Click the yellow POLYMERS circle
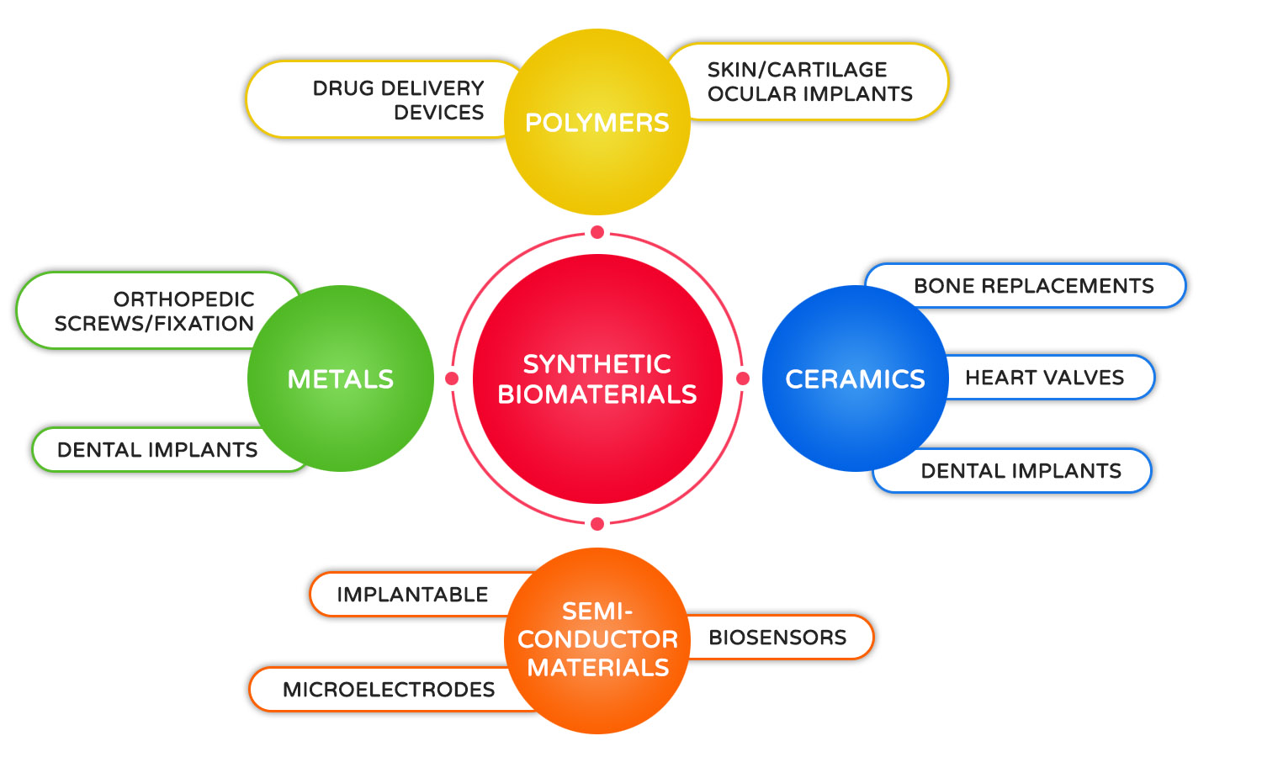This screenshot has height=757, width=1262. click(x=597, y=123)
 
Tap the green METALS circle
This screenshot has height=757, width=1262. click(x=341, y=378)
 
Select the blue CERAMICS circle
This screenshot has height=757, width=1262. click(x=855, y=378)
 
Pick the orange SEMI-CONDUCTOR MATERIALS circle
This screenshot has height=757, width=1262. click(x=597, y=640)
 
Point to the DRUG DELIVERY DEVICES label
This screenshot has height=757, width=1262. click(x=398, y=100)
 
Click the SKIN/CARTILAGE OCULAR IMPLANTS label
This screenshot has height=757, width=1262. click(x=809, y=82)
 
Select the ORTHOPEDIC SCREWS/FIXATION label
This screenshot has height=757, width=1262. click(x=154, y=311)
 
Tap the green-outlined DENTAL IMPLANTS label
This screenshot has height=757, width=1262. click(x=157, y=450)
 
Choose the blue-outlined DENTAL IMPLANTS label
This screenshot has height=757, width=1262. click(x=1021, y=471)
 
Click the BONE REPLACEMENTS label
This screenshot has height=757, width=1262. click(x=1033, y=286)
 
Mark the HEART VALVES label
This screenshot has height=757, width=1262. click(x=1044, y=378)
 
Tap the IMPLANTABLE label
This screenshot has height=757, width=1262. click(x=412, y=595)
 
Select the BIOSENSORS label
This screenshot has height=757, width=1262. click(x=777, y=638)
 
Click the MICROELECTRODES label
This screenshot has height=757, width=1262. click(x=389, y=690)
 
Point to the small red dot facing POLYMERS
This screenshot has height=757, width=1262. click(x=597, y=232)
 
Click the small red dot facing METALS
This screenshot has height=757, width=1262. click(x=452, y=378)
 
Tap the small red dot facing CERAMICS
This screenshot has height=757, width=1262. click(x=743, y=378)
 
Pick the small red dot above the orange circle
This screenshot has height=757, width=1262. click(x=597, y=524)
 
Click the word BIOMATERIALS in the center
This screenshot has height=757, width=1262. click(x=597, y=394)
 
